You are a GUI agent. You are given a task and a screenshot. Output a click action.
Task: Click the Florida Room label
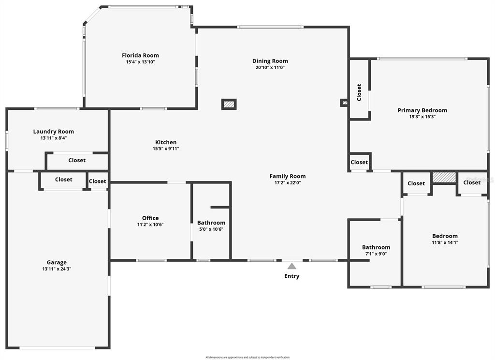[x=140, y=55]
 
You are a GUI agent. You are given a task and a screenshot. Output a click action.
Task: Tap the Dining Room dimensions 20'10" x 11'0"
[x=270, y=67]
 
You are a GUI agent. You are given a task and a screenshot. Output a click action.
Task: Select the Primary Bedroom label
[x=422, y=110]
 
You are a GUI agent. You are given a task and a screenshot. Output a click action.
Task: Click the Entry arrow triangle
[x=292, y=266]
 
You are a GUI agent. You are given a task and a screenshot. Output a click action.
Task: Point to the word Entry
[x=291, y=276]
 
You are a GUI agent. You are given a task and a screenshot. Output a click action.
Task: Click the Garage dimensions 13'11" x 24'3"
[x=57, y=269]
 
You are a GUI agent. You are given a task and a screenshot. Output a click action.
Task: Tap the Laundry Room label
[x=53, y=132]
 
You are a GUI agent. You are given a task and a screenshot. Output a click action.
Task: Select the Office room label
[x=150, y=218]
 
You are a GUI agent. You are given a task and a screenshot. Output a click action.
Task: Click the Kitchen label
[x=166, y=142]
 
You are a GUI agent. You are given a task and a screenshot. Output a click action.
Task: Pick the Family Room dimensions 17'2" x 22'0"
[x=287, y=183]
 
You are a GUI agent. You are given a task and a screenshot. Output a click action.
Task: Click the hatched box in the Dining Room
[x=229, y=105]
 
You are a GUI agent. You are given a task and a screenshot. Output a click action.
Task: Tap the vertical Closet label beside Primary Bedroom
[x=359, y=92]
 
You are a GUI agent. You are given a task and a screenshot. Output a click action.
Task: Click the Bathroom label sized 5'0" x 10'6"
[x=211, y=223]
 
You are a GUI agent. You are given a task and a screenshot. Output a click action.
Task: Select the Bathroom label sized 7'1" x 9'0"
[x=376, y=247]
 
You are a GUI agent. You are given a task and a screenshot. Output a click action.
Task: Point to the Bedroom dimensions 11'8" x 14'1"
[x=445, y=243]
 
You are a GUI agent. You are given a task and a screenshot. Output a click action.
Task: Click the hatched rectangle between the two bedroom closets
[x=444, y=177]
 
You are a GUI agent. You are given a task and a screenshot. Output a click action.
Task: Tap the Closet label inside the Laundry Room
[x=77, y=160]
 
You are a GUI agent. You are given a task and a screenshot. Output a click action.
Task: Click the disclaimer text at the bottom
[x=247, y=358]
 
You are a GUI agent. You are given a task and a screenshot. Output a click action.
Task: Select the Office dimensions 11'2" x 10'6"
[x=150, y=225]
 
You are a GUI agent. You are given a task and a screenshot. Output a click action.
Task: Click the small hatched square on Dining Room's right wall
[x=344, y=103]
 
